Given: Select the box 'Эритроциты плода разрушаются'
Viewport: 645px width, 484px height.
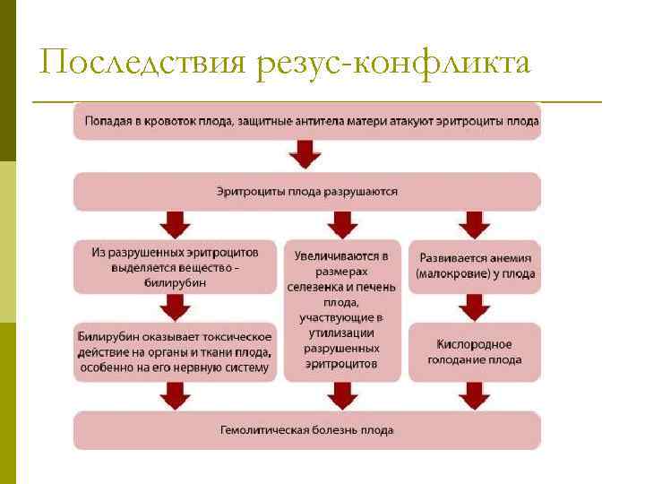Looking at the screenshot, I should (307, 192).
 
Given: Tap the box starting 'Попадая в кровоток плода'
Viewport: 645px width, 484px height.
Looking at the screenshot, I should (307, 121).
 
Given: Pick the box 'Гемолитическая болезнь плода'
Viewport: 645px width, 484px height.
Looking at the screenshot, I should (307, 430).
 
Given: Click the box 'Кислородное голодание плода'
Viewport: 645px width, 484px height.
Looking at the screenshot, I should (475, 351).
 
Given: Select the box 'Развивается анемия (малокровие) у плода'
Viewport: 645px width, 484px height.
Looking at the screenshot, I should (475, 265).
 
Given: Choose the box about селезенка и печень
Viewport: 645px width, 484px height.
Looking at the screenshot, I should (340, 308).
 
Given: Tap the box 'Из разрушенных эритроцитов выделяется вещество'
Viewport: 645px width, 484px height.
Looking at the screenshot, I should (175, 266).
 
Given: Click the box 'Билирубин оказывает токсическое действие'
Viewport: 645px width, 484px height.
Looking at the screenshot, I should (175, 351).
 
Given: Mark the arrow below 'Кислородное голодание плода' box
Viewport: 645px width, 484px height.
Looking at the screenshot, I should (475, 394).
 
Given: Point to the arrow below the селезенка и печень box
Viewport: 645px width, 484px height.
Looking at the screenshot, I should (340, 394).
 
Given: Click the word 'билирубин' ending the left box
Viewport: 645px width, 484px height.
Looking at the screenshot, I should (175, 282).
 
